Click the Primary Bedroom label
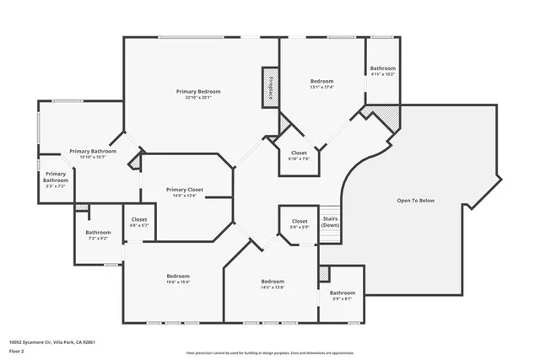tap(198, 91)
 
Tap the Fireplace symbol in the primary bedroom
tap(271, 89)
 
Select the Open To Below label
tap(416, 201)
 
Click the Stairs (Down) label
tap(330, 222)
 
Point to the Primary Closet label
tap(185, 190)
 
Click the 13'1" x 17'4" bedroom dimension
tap(321, 88)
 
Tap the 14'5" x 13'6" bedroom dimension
tap(272, 287)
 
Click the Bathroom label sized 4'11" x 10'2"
tap(382, 68)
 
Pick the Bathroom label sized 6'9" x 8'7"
tap(342, 293)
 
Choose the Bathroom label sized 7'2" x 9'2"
tap(98, 233)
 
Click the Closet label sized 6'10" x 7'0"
tap(299, 153)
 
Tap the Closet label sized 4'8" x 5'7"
tap(139, 220)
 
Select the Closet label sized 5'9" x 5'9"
tap(299, 222)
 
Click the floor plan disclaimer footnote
tap(269, 352)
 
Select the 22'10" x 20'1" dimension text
tap(198, 97)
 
